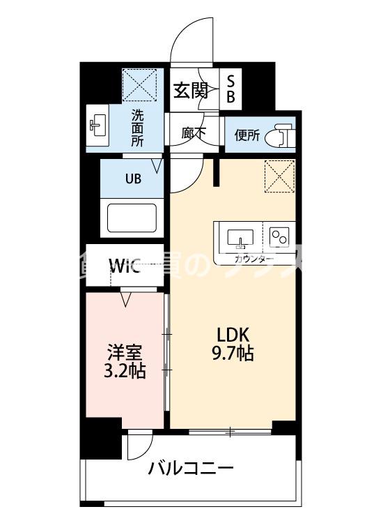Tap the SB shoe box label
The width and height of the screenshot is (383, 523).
tap(230, 89)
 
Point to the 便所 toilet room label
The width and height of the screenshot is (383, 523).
tap(247, 135)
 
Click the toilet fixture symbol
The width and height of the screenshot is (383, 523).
tap(283, 134)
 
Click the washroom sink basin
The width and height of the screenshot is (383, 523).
tap(97, 126)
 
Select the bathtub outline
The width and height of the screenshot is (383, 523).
tap(132, 218)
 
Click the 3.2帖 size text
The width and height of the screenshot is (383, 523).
tap(126, 371)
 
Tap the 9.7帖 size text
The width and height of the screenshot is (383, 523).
tap(232, 354)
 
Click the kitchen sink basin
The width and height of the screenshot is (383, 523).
tap(240, 237)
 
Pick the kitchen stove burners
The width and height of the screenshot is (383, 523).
tap(280, 237)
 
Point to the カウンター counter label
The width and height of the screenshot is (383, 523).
tap(254, 259)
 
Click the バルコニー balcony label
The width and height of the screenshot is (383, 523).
tap(190, 468)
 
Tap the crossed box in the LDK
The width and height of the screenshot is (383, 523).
tap(280, 176)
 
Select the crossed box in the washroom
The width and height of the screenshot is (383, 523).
tap(139, 85)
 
